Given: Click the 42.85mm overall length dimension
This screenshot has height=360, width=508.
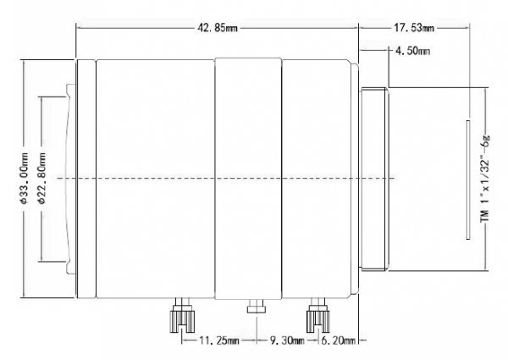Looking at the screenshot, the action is tap(218, 28).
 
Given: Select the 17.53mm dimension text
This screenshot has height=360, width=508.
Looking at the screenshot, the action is tap(414, 28).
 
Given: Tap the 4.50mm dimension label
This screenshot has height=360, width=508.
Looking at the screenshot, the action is tap(413, 51).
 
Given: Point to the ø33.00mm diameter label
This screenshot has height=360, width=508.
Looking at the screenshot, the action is tap(24, 178).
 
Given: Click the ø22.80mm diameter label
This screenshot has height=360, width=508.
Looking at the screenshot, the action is tap(42, 178).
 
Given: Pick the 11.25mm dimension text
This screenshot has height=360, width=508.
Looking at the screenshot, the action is tap(219, 341).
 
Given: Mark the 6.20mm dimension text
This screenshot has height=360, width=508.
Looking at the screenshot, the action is tap(338, 341).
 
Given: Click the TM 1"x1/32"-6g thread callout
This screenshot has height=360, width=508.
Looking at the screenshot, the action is tap(485, 179).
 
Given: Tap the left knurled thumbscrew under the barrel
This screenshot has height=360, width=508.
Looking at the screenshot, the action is tap(182, 316).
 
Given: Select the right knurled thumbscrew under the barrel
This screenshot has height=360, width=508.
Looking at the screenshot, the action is tap(317, 316).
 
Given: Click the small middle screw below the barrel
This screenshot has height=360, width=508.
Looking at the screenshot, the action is tap(257, 306).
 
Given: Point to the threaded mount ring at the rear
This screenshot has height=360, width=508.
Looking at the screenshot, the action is tap(374, 179).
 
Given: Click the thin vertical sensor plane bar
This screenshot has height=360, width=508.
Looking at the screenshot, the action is tap(468, 180).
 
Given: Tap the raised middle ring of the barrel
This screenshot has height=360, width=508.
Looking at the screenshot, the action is tap(248, 179).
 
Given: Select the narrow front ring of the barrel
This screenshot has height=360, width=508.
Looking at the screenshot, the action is tap(86, 179).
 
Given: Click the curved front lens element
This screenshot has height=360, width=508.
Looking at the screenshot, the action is tap(69, 179).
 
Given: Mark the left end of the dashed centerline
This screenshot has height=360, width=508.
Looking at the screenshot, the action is tap(57, 178).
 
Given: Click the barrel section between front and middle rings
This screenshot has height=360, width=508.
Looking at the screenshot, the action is tap(156, 179).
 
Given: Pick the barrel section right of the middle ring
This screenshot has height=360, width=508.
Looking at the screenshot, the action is tap(317, 179).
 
